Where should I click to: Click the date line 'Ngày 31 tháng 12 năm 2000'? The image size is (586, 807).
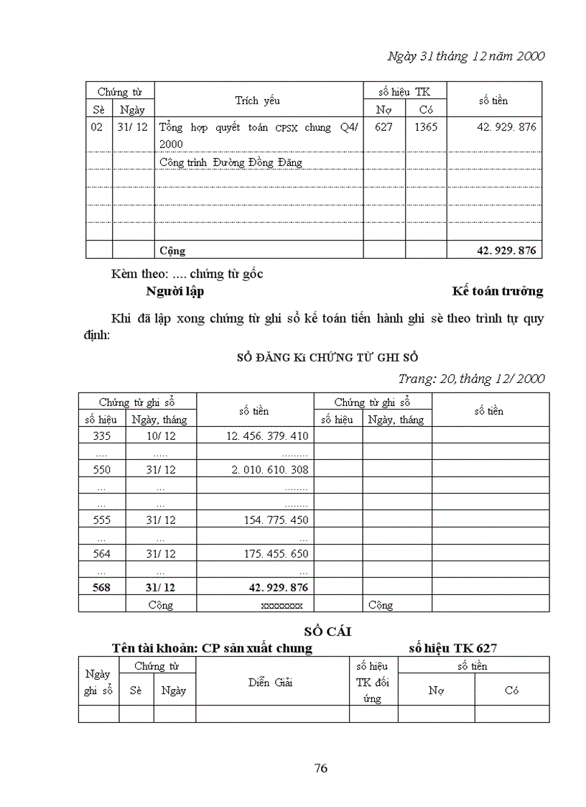pos(465,56)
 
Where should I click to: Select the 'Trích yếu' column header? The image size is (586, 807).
pos(257,101)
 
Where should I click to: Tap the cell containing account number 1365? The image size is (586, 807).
pos(426,127)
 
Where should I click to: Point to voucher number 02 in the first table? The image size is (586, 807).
pos(98,127)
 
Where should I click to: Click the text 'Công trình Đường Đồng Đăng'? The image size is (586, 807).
pos(230,162)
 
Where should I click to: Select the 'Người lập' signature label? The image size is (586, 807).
pos(175,291)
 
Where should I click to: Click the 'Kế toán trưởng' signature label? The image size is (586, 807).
pos(497,291)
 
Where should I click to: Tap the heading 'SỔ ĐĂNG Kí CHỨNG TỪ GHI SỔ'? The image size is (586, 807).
pos(327,357)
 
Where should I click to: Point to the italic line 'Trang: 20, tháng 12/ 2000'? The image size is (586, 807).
pos(471,379)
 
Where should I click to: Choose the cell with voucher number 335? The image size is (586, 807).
pos(102,436)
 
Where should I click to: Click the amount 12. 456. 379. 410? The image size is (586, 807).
pos(266,436)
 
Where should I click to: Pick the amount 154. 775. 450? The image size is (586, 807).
pos(276,520)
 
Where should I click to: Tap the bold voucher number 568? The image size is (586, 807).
pos(102,587)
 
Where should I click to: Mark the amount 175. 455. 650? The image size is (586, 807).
pos(276,553)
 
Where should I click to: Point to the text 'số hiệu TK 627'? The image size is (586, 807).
pos(452,647)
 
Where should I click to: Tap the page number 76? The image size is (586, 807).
pos(321,768)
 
